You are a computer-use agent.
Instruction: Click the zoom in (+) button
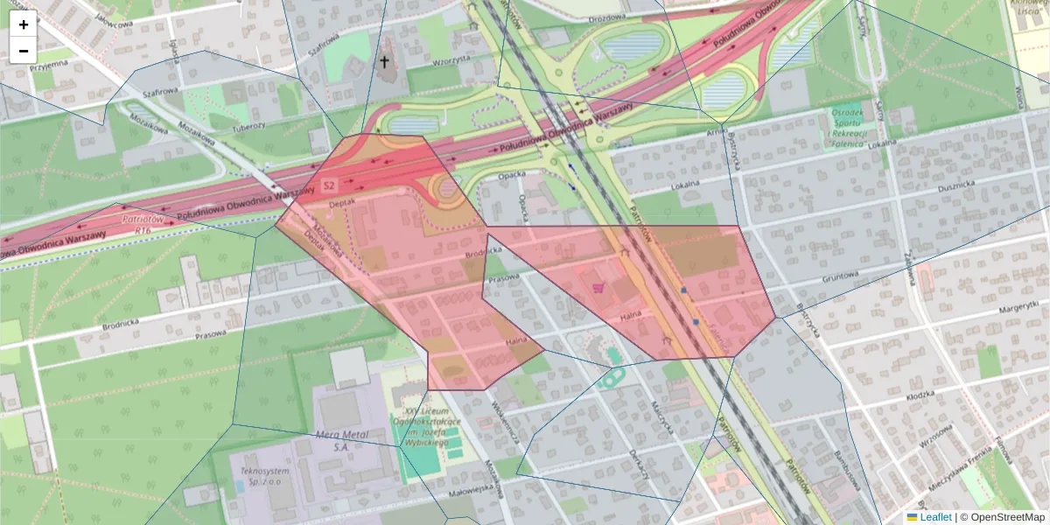tap(24, 24)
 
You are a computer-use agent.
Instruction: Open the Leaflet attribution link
tap(934, 517)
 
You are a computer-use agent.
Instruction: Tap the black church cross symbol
tap(383, 62)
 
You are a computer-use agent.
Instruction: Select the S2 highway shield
tap(329, 185)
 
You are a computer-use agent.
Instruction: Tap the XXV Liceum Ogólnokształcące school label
tap(426, 426)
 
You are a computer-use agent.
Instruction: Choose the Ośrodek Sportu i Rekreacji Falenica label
tap(847, 128)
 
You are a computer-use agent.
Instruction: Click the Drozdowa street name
tap(607, 17)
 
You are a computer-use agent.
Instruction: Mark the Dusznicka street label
tap(956, 185)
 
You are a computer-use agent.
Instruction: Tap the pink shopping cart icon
tap(598, 286)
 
